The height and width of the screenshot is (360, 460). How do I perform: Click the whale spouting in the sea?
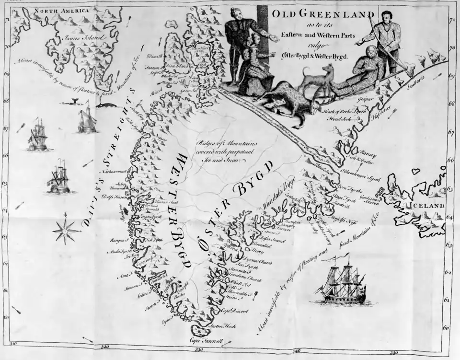point(75,101)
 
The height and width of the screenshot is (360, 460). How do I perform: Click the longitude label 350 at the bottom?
point(394,353)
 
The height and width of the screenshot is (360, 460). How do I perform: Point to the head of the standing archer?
point(386,17)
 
